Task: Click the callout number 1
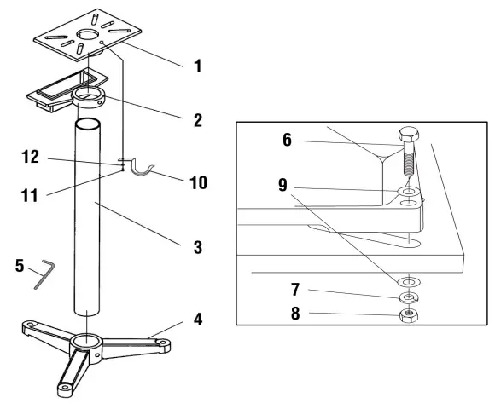point(199,65)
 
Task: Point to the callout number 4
point(199,322)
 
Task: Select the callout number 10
point(199,182)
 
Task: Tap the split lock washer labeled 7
point(408,297)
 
